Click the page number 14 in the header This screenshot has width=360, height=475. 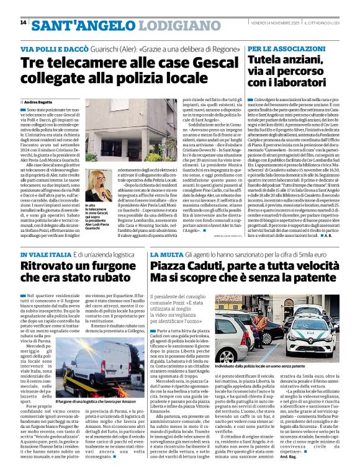click(x=23, y=22)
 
